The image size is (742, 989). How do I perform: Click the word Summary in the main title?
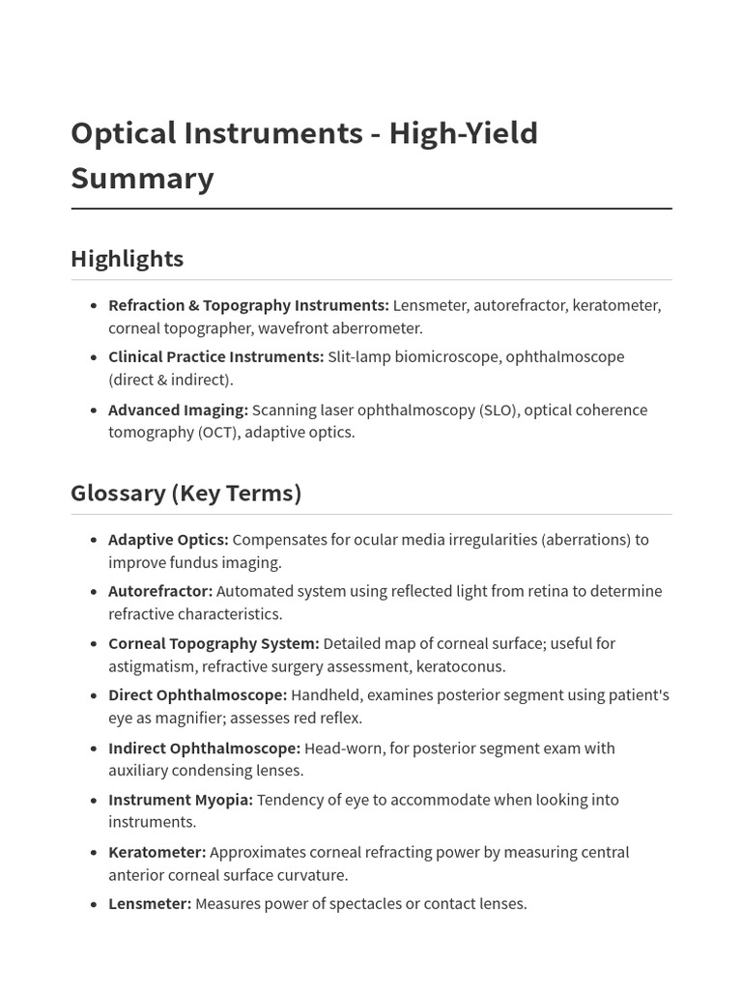tap(142, 179)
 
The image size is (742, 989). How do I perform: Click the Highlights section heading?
tap(127, 259)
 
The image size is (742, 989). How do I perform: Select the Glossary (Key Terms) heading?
tap(185, 493)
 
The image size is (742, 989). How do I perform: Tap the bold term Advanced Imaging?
tap(178, 410)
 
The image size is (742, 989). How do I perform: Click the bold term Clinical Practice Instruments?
tap(215, 356)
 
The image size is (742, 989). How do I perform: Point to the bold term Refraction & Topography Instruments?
tap(248, 305)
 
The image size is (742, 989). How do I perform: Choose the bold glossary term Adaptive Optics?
tap(168, 539)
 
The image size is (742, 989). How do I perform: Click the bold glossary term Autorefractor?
tap(160, 590)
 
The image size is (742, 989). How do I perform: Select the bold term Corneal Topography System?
tap(214, 643)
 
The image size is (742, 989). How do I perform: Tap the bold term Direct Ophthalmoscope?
tap(197, 694)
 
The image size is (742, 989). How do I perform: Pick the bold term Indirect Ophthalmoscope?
tap(204, 748)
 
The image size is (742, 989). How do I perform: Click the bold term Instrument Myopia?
tap(181, 800)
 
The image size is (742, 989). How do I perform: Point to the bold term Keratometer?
tap(157, 852)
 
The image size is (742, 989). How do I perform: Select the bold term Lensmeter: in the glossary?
tap(150, 904)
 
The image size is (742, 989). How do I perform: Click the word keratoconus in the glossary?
tap(461, 666)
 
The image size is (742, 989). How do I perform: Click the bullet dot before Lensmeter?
tap(94, 905)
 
